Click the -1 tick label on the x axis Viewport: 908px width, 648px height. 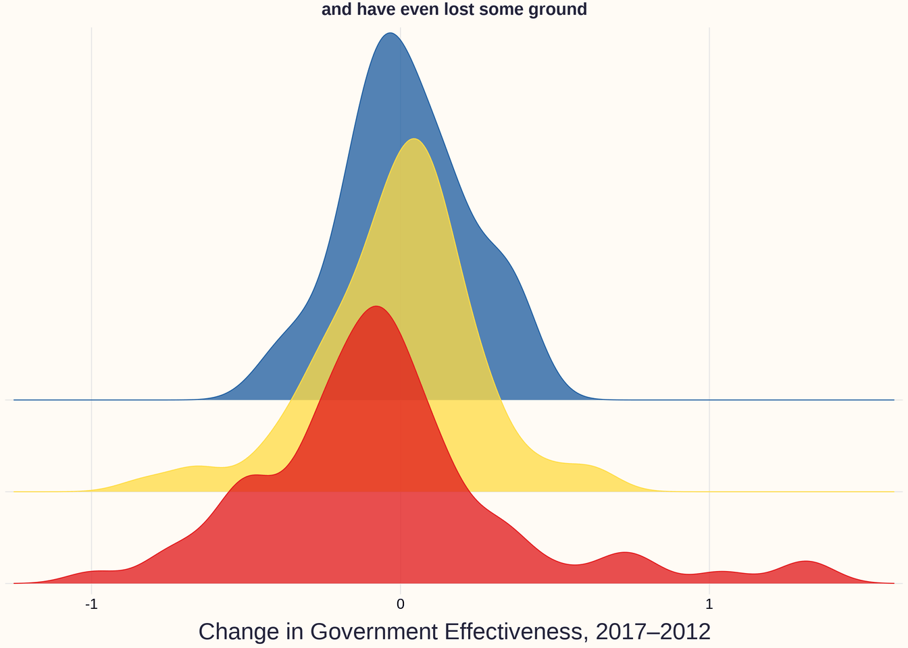[x=91, y=603]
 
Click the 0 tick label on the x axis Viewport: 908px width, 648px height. [x=401, y=603]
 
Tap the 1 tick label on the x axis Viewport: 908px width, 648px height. [x=709, y=603]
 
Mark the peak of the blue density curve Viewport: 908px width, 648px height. [x=390, y=33]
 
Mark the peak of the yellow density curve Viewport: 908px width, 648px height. [x=414, y=139]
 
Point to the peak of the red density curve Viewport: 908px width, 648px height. [x=376, y=306]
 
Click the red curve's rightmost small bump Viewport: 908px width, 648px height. [x=805, y=562]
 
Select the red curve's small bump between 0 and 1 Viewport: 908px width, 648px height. [x=627, y=553]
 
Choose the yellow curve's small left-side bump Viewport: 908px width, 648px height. [x=196, y=466]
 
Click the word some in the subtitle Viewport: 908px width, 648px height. [x=503, y=10]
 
